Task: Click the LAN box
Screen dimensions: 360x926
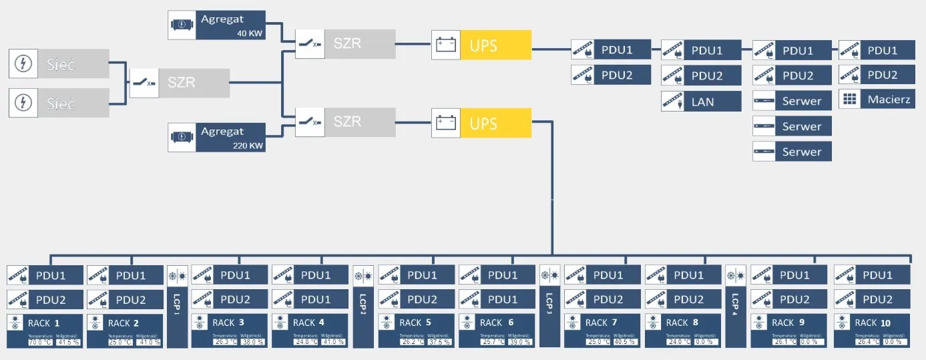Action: tap(701, 101)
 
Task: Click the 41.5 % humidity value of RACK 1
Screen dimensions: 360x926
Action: tap(67, 342)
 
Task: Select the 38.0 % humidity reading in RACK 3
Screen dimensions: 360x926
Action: tap(252, 342)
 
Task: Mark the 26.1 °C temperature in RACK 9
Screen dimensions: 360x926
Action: tap(784, 342)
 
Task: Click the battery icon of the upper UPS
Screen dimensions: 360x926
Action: tap(445, 45)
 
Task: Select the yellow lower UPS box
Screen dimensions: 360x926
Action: tap(495, 124)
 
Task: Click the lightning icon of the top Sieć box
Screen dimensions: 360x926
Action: tap(23, 64)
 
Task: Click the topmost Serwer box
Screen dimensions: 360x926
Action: tap(792, 101)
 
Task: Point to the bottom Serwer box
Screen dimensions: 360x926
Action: tap(792, 152)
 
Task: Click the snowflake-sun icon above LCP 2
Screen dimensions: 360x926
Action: tap(363, 276)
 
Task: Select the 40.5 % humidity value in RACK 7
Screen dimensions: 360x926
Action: tap(626, 342)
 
